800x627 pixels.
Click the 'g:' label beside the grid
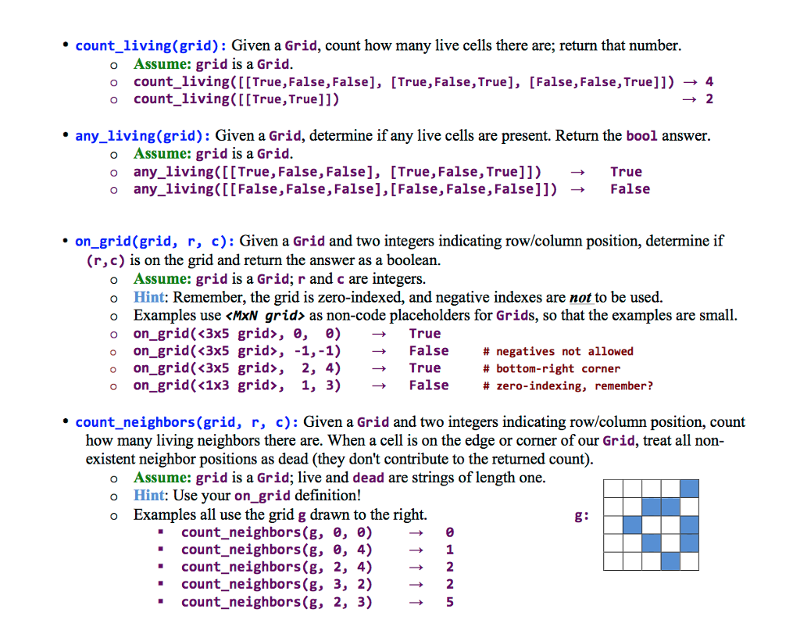coord(581,515)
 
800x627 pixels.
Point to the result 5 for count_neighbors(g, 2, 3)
coord(449,602)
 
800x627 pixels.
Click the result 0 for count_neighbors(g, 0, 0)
coord(449,532)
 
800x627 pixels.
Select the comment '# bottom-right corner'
coord(552,368)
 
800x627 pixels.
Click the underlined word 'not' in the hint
coord(580,297)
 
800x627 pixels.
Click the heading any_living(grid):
coord(141,136)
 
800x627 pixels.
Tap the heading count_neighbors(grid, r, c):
coord(186,422)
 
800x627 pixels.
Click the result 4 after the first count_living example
coord(709,81)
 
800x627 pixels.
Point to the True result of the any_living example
coord(626,171)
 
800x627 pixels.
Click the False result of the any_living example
coord(630,188)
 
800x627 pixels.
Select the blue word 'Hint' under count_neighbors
coord(149,495)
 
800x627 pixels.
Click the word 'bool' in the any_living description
coord(642,136)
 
